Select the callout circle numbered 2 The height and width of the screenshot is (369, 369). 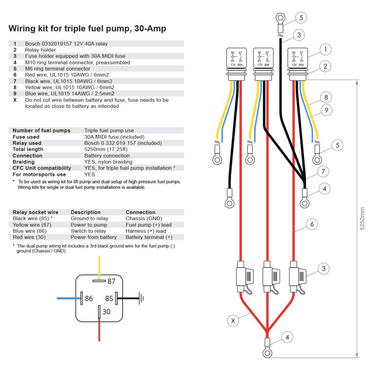(x=324, y=66)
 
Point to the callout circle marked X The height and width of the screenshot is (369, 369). (x=232, y=321)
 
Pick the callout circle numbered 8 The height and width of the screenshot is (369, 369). (x=324, y=98)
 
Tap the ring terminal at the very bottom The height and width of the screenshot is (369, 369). (x=267, y=353)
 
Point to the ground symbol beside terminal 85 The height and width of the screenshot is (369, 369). (x=141, y=299)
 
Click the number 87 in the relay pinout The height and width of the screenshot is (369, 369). (x=111, y=281)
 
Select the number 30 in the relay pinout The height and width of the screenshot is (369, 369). (x=106, y=312)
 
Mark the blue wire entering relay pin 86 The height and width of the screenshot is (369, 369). (x=68, y=299)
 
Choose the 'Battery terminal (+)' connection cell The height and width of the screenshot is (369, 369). (x=149, y=237)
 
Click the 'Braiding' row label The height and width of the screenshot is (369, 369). (x=24, y=162)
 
